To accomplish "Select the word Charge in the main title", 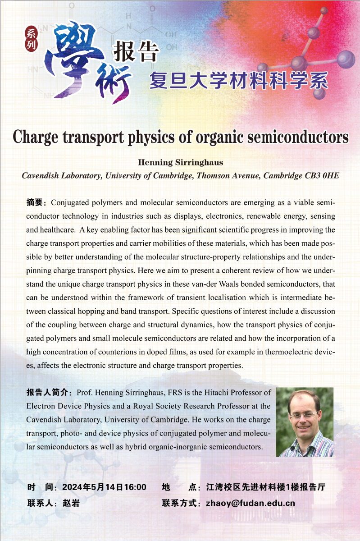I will pos(36,136).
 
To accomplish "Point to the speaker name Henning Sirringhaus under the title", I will pos(180,162).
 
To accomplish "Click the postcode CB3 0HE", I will pos(320,176).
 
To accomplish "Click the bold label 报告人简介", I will pos(49,393).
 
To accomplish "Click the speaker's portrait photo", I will pos(305,422).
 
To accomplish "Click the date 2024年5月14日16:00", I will pos(104,487).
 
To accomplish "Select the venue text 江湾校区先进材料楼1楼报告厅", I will pos(265,487).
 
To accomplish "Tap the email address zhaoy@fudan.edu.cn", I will pos(250,503).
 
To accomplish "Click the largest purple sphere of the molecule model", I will pos(346,58).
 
